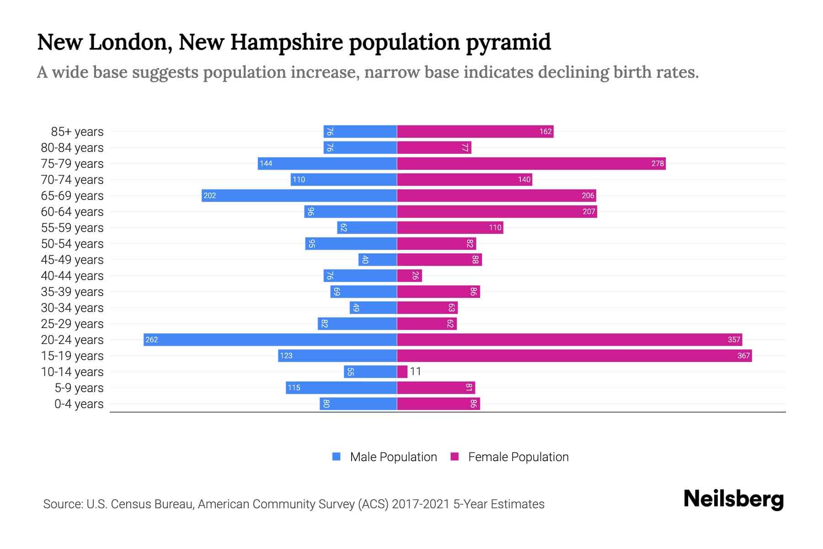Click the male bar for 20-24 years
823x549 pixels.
[x=270, y=339]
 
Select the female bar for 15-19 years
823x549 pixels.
[x=574, y=355]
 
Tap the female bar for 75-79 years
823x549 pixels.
[x=531, y=163]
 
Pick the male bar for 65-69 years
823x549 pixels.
[x=299, y=195]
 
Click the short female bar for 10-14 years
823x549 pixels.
[x=402, y=371]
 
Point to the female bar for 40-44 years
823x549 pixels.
[x=409, y=275]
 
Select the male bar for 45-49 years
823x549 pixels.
[x=378, y=259]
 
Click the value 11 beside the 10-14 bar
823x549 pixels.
[x=415, y=371]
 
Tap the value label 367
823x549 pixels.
[x=743, y=355]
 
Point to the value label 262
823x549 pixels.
[x=151, y=339]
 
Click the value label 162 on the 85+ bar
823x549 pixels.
[x=545, y=131]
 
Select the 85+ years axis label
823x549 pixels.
[x=77, y=132]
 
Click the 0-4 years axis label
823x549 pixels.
[x=79, y=404]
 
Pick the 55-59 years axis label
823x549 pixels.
[x=72, y=228]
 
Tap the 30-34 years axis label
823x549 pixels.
[x=72, y=308]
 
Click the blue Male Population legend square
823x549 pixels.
[x=337, y=457]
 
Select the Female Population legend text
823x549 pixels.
[x=518, y=457]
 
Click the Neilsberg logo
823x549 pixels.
[x=733, y=499]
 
